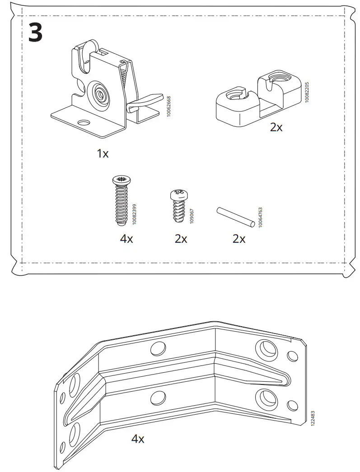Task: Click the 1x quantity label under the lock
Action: click(x=103, y=153)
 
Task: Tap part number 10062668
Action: click(x=168, y=106)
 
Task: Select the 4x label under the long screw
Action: click(x=126, y=239)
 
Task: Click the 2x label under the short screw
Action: click(x=181, y=239)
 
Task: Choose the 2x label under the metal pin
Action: click(x=239, y=239)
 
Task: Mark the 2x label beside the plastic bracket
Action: click(x=276, y=127)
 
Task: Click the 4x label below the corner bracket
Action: click(x=138, y=438)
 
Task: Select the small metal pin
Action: click(x=235, y=217)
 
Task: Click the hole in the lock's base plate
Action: click(x=83, y=122)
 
